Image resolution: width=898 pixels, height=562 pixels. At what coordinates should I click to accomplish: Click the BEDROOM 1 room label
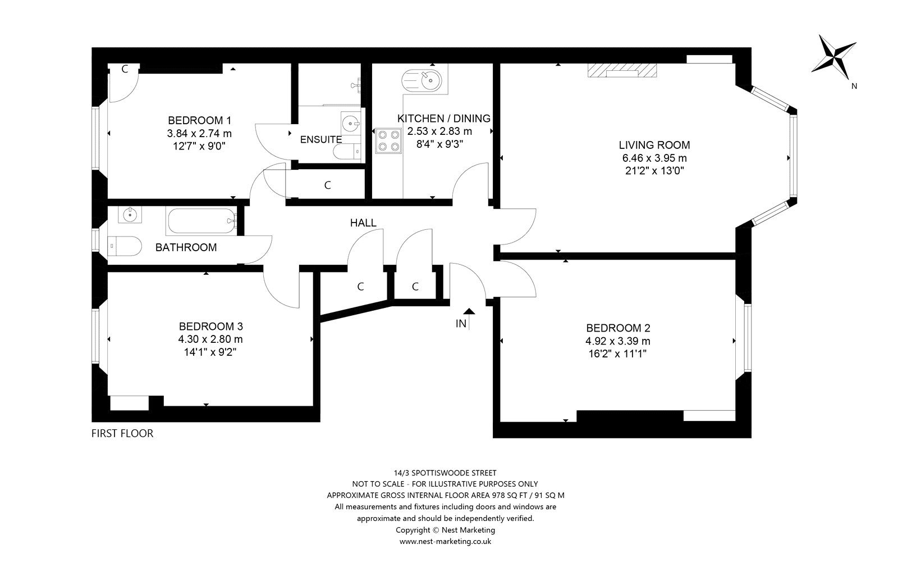pos(199,120)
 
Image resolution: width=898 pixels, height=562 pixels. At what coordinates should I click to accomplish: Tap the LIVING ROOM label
pos(654,145)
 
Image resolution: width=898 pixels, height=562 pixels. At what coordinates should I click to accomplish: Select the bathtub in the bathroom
pos(201,221)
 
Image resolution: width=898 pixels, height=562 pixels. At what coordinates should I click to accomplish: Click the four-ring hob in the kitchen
pos(388,140)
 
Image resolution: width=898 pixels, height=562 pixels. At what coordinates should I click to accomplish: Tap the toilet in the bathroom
pos(124,246)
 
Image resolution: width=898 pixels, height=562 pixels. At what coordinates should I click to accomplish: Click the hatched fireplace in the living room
pos(622,70)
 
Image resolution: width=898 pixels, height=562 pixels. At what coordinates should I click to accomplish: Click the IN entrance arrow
pos(469,319)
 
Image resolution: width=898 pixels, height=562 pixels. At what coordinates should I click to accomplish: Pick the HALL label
pos(363,223)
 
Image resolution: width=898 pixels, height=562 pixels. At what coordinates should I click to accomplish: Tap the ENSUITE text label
pos(320,140)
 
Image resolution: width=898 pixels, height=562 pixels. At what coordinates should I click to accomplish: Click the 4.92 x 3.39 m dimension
pos(618,341)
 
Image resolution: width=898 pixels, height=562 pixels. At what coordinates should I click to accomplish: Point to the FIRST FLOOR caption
pos(122,433)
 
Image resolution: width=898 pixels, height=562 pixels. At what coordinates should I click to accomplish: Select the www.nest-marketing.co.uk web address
pos(446,541)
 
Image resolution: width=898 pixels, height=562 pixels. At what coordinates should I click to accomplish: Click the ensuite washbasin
pos(351,123)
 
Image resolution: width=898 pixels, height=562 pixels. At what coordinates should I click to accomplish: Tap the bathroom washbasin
pos(130,215)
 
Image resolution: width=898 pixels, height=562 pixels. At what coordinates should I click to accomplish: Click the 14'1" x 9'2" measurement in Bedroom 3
pos(210,352)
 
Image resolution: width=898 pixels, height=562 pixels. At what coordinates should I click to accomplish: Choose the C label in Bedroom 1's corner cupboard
pos(125,69)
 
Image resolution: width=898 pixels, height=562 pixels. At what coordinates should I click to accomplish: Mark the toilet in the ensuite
pos(347,151)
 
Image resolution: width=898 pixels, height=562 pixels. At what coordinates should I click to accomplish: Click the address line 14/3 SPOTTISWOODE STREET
pos(445,473)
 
